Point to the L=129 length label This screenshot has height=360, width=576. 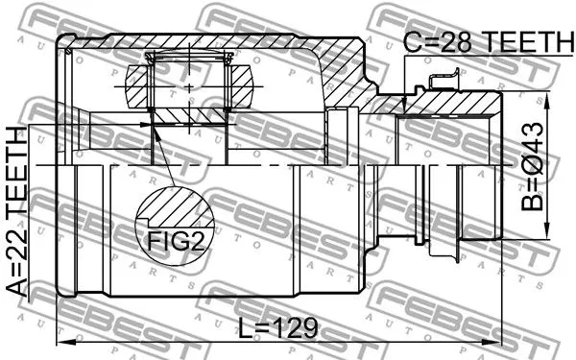coord(277,327)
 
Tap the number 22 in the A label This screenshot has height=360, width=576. coord(17,247)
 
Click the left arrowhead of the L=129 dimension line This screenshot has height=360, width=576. coord(64,342)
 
